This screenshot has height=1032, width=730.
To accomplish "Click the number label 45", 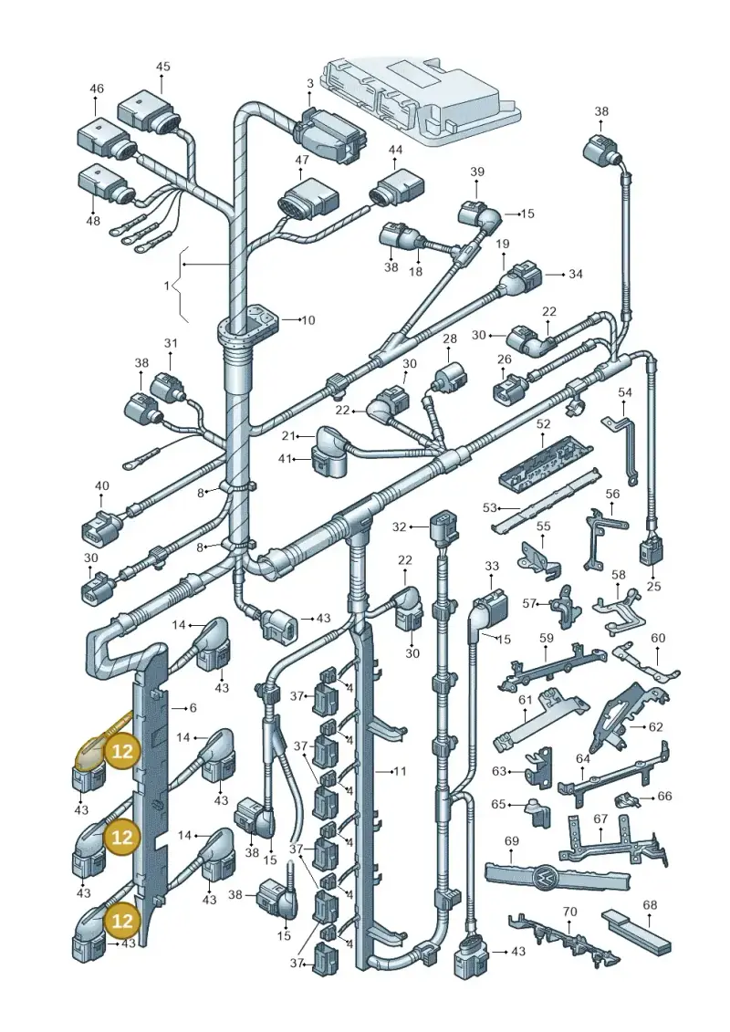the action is pos(162,67).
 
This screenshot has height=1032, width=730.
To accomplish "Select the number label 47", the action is pos(301,160).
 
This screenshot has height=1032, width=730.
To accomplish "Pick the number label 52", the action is pos(543,424).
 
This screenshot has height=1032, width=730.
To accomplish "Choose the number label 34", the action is pos(575,273).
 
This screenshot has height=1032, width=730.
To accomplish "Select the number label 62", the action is pos(655,726).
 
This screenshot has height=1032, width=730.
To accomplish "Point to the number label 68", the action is pos(650,905).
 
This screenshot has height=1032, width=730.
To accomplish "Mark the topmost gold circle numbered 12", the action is pos(122,751).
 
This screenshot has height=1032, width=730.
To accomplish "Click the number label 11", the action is pos(400,771).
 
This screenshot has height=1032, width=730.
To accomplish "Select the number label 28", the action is pos(450,339).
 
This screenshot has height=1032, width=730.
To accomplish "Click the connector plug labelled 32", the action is pos(441,530).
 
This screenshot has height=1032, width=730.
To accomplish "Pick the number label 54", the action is pos(625,392).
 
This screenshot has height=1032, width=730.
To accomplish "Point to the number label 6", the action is pos(193,707).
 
